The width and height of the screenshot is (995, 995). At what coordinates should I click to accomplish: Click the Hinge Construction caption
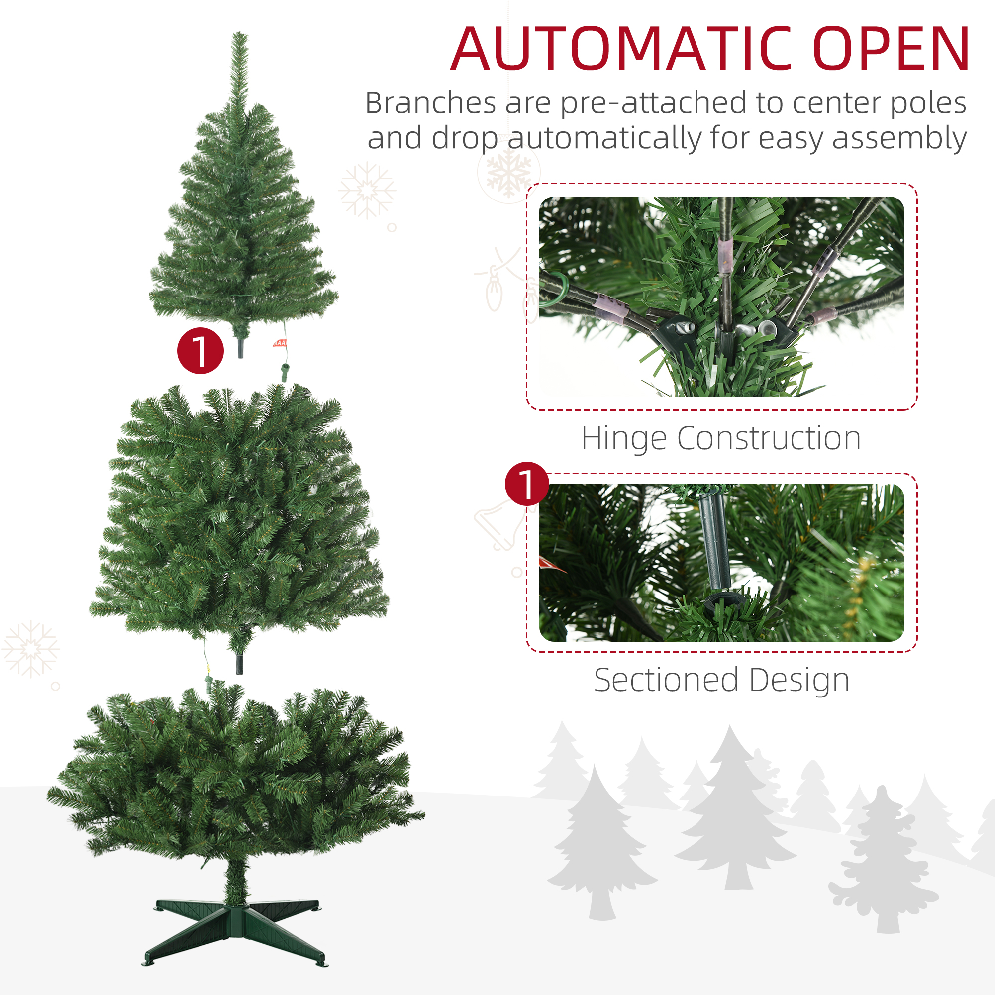click(x=721, y=438)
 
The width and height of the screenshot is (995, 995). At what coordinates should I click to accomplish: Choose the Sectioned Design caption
click(x=721, y=680)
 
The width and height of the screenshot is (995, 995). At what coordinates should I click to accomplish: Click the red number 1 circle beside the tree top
click(x=200, y=351)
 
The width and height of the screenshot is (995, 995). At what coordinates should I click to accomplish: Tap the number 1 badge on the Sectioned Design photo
click(x=527, y=484)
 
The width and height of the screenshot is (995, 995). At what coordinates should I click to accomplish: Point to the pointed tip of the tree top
click(x=239, y=33)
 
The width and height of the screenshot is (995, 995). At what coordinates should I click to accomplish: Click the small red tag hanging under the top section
click(x=280, y=343)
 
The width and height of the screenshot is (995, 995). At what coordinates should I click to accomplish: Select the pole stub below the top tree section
click(x=240, y=348)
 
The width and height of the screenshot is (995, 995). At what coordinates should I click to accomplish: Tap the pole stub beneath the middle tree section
click(x=239, y=664)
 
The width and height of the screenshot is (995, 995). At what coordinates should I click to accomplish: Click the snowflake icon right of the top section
click(x=367, y=191)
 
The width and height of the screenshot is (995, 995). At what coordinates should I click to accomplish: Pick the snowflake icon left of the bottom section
click(x=31, y=649)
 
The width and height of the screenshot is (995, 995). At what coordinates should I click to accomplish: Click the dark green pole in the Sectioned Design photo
click(x=715, y=540)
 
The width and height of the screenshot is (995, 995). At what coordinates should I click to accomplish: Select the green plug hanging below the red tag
click(x=284, y=371)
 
